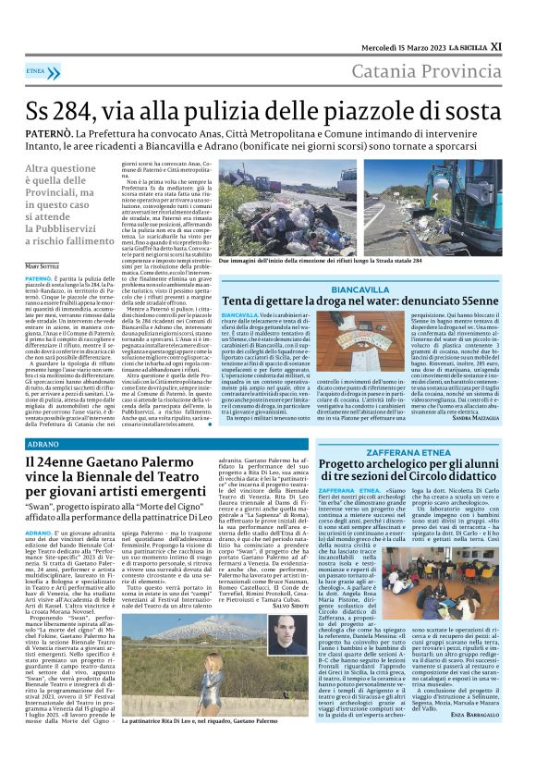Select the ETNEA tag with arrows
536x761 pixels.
pyautogui.click(x=36, y=69)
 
